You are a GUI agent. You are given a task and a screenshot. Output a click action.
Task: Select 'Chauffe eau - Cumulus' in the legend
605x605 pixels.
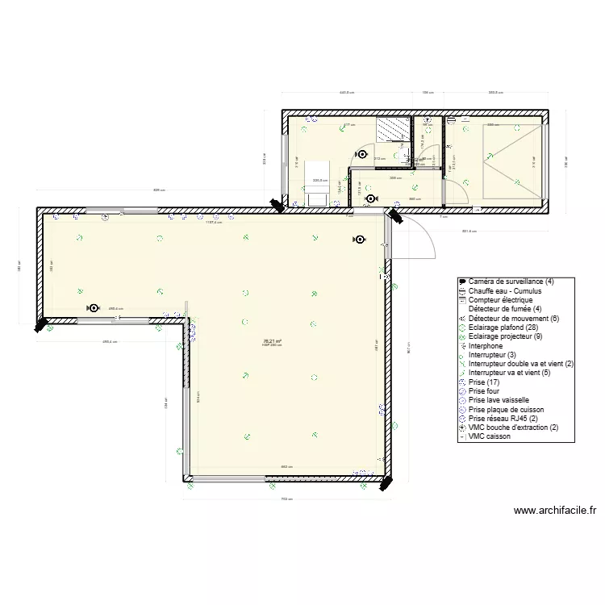click(x=505, y=290)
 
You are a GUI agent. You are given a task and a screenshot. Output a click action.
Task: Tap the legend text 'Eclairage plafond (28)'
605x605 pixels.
click(x=507, y=328)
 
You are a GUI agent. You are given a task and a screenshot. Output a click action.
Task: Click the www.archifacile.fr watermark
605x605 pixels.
click(x=555, y=511)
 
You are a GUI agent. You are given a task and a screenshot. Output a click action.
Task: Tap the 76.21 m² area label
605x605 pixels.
click(x=272, y=341)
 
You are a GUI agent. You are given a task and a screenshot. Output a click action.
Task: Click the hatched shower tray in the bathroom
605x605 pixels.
click(x=393, y=127)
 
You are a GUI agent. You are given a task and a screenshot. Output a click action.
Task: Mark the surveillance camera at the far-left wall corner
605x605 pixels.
click(x=39, y=326)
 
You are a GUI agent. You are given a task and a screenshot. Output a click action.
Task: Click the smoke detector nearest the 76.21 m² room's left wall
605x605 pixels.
click(x=94, y=308)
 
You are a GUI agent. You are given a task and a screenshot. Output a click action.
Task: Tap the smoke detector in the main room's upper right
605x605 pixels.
click(x=358, y=239)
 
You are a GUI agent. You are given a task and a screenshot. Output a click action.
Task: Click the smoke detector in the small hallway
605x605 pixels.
click(x=370, y=198)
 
